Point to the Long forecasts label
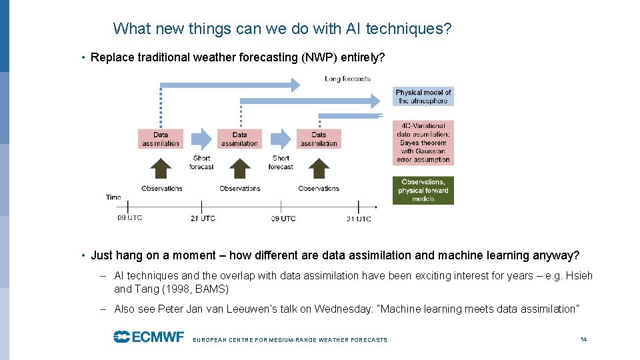click(x=347, y=79)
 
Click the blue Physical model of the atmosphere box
click(x=423, y=97)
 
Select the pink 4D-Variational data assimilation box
click(x=423, y=143)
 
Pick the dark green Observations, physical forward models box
click(x=423, y=190)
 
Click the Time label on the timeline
click(x=113, y=197)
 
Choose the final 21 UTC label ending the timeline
click(x=359, y=219)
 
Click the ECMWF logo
click(x=148, y=337)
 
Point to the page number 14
click(x=583, y=339)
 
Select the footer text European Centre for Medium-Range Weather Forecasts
click(x=290, y=340)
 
